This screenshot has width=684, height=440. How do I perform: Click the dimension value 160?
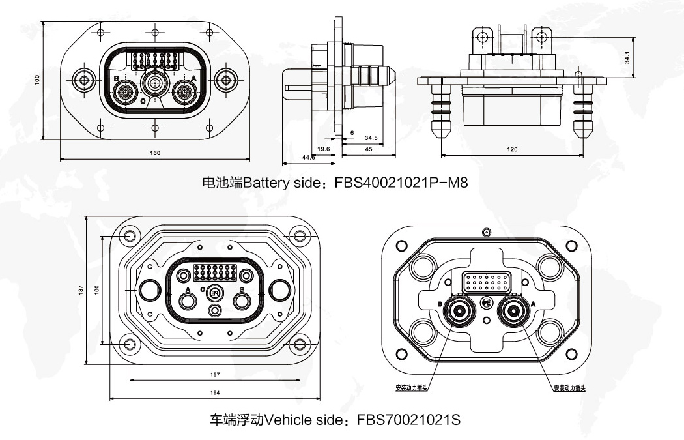155,153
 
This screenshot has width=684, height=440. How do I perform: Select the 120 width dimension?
512,149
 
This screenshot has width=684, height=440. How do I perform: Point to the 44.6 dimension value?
307,157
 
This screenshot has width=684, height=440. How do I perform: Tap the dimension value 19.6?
324,149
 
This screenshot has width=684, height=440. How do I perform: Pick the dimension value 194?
215,392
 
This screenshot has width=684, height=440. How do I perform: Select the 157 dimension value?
215,375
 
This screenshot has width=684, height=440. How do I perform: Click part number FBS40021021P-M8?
401,183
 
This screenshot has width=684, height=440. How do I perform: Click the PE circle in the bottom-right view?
486,302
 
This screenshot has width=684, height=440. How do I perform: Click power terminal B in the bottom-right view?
459,311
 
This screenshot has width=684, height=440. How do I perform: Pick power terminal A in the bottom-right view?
512,311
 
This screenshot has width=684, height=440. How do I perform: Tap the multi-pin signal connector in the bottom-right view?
485,283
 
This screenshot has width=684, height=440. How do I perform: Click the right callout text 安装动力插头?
569,388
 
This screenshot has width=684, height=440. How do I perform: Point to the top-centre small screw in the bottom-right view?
485,232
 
